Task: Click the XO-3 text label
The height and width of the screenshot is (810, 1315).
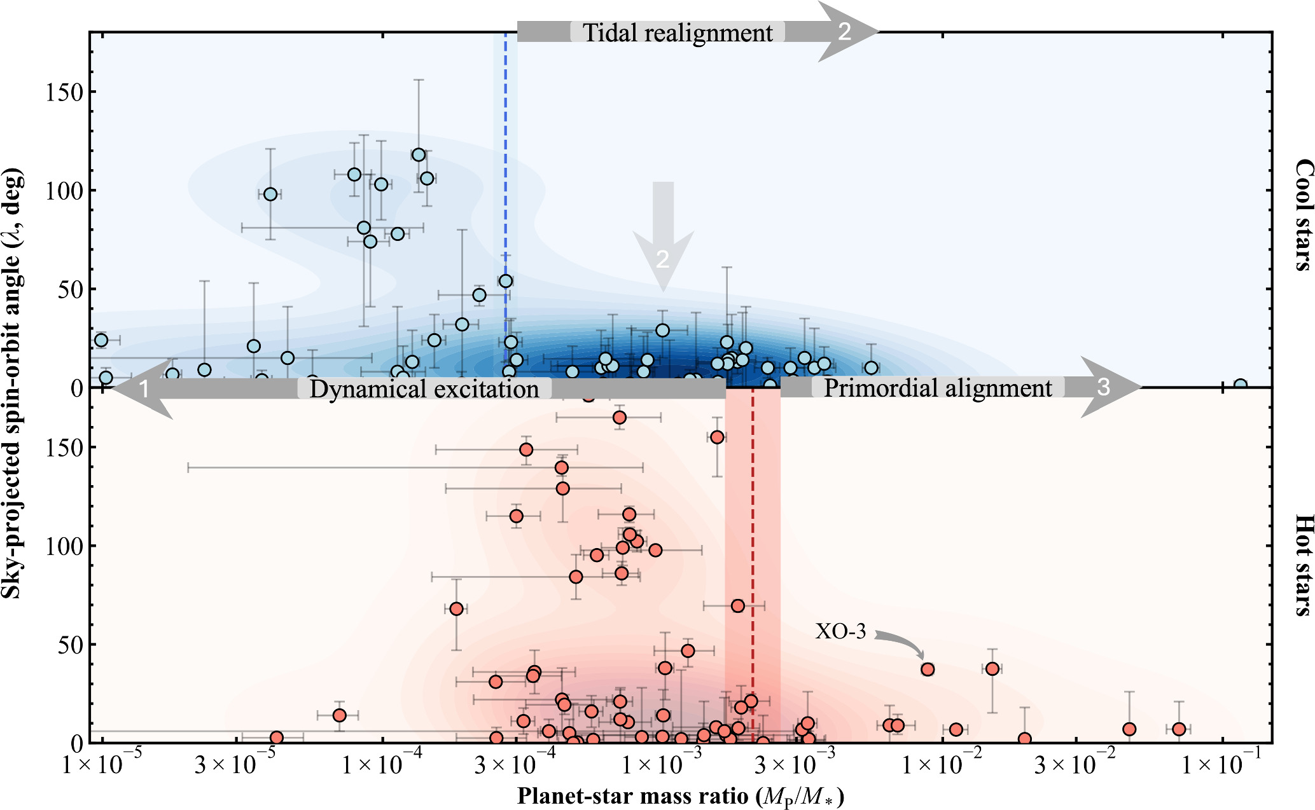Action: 840,631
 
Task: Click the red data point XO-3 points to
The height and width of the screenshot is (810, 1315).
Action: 928,669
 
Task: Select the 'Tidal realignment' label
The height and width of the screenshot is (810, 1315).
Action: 678,32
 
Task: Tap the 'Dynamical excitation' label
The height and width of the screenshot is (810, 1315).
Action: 424,389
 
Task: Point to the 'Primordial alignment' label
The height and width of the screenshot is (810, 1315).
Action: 938,388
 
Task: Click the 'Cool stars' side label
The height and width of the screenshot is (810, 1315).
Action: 1304,215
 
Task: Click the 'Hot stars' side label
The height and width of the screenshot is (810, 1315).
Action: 1304,565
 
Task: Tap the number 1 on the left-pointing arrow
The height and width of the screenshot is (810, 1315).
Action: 144,389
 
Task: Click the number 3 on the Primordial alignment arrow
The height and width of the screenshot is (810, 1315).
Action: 1103,387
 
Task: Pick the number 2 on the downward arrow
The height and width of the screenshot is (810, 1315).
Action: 662,259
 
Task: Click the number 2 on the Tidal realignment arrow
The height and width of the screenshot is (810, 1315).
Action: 844,31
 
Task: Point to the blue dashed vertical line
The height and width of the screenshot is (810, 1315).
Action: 506,159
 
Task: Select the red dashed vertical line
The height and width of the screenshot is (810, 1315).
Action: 753,540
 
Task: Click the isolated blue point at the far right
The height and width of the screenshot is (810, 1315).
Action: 1241,385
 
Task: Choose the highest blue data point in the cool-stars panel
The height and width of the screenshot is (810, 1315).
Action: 419,155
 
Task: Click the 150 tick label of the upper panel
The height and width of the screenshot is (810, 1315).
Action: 64,92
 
